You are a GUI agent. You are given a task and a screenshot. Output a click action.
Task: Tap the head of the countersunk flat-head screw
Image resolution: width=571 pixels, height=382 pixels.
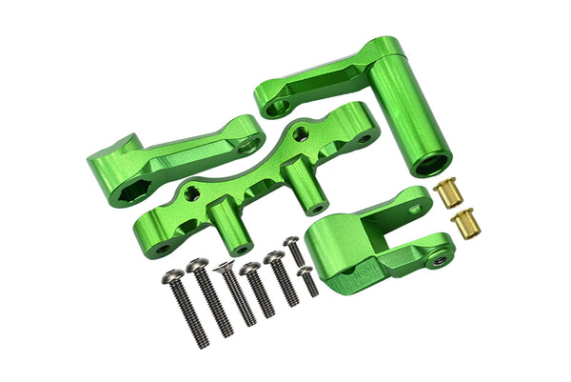(x=226, y=269)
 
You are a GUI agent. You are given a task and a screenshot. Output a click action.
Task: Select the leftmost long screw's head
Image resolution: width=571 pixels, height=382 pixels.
(x=172, y=276)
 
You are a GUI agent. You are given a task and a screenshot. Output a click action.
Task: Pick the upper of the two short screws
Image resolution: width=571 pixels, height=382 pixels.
(x=292, y=245)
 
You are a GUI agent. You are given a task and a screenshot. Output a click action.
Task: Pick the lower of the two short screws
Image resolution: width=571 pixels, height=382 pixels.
(x=305, y=273)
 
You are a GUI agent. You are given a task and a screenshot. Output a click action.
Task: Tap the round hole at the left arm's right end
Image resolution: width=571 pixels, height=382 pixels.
(x=249, y=143)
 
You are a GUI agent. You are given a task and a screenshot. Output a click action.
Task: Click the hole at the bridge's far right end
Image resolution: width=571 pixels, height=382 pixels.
(x=364, y=139)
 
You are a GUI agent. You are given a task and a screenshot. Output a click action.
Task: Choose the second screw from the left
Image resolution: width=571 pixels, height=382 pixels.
(x=198, y=267)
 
